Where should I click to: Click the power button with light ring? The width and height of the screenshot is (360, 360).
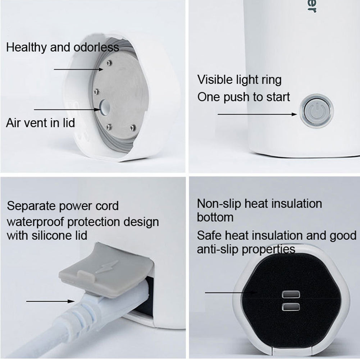coord(316,110)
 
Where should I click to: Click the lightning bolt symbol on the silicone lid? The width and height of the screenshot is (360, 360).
coord(107,266)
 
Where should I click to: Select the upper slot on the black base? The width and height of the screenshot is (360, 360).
coord(291,294)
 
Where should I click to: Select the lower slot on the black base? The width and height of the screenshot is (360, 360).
coord(291,307)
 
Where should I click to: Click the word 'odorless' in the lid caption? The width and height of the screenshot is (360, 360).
coord(96,47)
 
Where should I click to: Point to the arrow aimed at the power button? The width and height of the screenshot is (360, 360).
coord(258,114)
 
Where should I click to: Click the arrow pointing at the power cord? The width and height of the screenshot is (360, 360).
coord(50,301)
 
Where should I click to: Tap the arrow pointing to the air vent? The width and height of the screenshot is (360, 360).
coord(67,110)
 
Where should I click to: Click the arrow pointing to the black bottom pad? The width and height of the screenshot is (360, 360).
coord(232,292)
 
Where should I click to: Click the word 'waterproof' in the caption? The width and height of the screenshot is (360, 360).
coord(36,222)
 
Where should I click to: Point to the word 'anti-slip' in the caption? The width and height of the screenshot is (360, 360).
coord(217,249)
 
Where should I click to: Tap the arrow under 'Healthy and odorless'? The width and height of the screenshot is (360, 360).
coord(78,69)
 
